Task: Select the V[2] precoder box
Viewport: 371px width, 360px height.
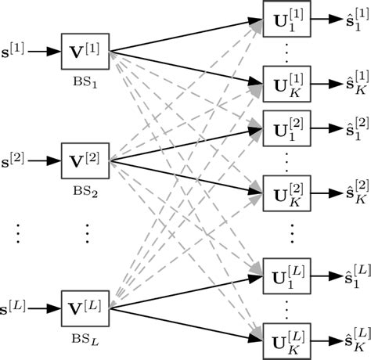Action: point(85,160)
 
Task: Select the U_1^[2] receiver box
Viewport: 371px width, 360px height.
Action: point(288,126)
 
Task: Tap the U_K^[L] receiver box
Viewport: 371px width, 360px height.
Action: point(288,340)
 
